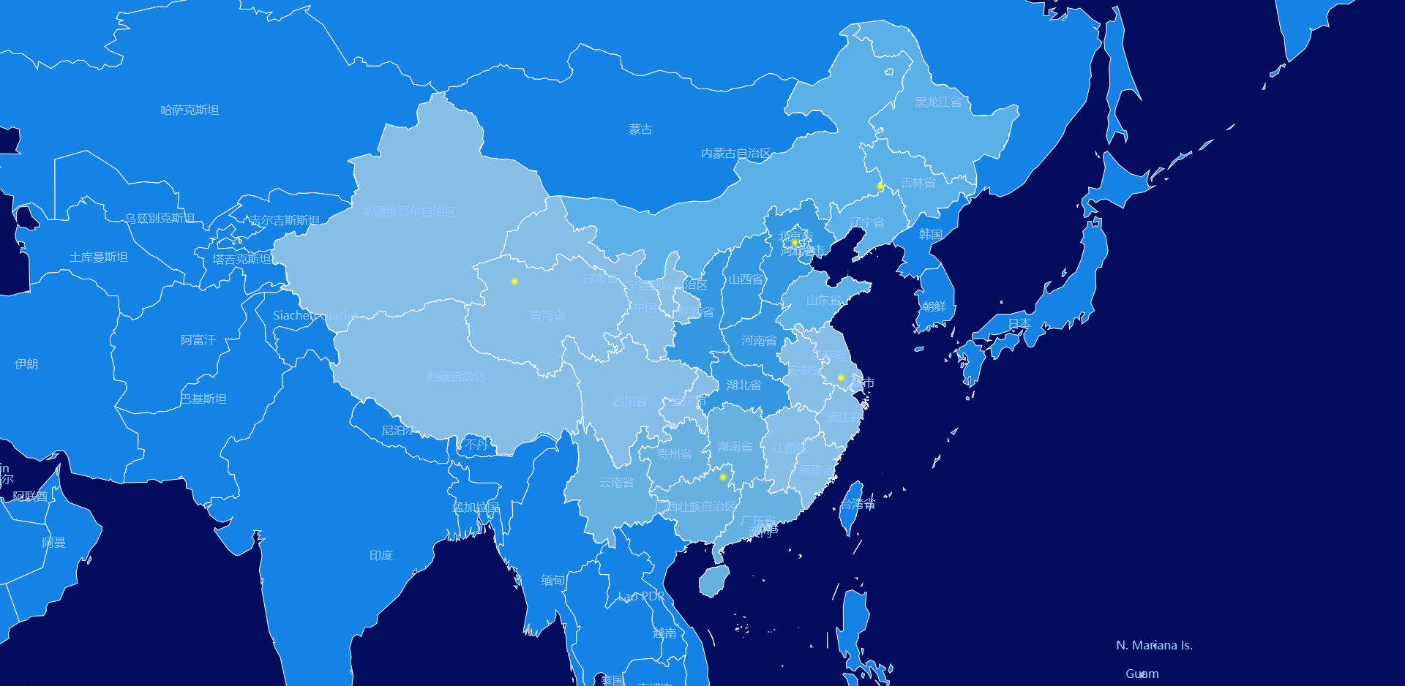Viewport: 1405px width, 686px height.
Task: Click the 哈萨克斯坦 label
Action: tap(190, 110)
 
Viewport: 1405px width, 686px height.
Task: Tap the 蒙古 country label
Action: tap(640, 129)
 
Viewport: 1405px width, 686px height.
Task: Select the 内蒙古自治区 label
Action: tap(735, 154)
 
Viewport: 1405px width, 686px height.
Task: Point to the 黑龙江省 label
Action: tap(938, 102)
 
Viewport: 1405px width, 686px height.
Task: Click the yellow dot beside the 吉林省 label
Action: tap(880, 186)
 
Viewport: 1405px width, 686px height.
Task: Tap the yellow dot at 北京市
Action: tap(794, 242)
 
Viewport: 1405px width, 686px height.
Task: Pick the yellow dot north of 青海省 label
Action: tap(514, 282)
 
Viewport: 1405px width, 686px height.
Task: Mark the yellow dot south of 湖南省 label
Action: tap(723, 477)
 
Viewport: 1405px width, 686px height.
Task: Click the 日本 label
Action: tap(1019, 323)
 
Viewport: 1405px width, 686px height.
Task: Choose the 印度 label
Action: tap(381, 556)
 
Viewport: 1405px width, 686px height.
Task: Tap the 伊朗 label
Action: tap(26, 364)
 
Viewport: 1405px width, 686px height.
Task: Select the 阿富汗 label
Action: tap(198, 340)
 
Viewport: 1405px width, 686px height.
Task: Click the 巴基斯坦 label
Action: tap(203, 399)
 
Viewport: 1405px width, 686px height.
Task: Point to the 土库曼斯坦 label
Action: tap(99, 257)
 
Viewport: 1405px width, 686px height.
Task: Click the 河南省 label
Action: tap(759, 341)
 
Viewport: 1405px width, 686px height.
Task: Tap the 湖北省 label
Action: tap(743, 385)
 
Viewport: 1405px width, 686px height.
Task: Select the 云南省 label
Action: tap(617, 483)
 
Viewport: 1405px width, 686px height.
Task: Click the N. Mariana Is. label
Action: tap(1154, 645)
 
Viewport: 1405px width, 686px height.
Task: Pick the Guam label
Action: tap(1142, 674)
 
